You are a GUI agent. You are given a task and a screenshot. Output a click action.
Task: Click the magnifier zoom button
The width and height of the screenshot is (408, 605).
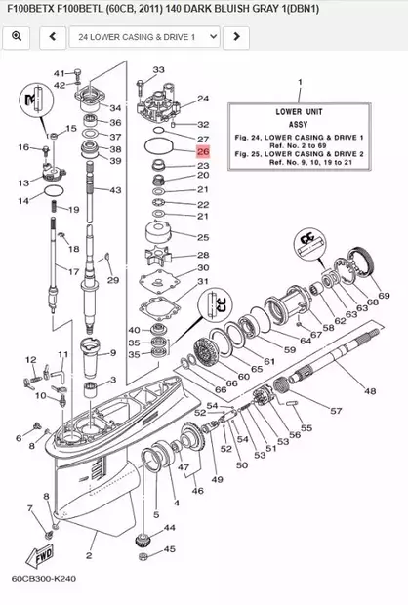18,37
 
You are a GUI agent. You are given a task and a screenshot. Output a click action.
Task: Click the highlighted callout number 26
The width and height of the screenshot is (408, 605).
203,152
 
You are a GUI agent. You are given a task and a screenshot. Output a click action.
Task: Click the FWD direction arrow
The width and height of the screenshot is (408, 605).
44,561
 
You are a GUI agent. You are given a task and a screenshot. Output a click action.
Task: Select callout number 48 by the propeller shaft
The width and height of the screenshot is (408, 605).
370,391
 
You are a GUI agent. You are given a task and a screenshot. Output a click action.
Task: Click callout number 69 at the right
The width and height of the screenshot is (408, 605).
385,296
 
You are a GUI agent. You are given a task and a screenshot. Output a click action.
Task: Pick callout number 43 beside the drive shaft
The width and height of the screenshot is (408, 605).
115,190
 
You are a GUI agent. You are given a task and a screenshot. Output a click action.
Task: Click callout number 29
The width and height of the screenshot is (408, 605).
112,281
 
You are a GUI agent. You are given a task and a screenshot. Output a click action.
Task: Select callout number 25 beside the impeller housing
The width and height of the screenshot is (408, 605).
203,238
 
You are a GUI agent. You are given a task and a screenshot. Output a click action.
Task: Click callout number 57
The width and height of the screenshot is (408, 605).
335,411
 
